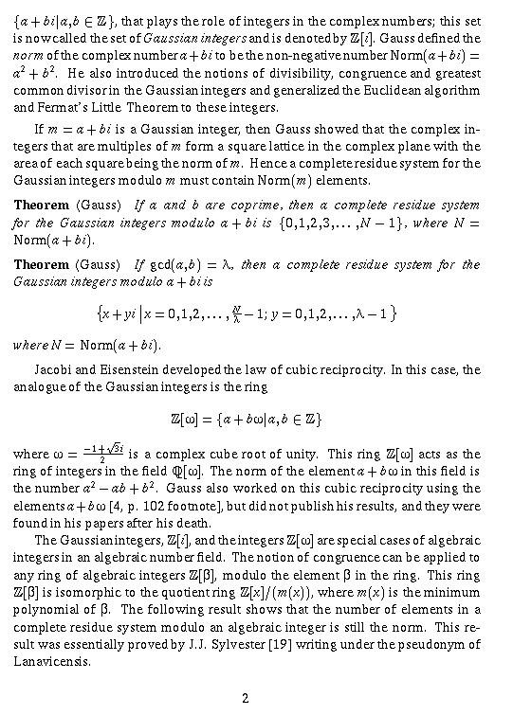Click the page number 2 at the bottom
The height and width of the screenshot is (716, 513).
tap(245, 699)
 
